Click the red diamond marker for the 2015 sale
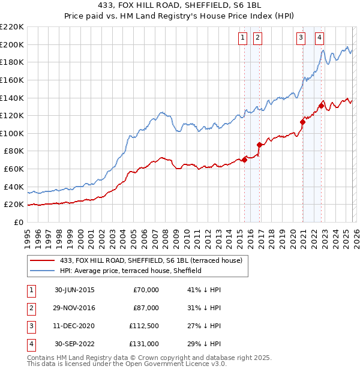[x=245, y=160]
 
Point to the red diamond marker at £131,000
[x=322, y=106]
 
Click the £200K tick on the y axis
[x=12, y=44]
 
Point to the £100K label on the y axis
[x=12, y=133]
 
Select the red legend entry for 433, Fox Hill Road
[x=150, y=260]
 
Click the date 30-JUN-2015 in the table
[x=74, y=290]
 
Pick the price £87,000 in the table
[x=146, y=308]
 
